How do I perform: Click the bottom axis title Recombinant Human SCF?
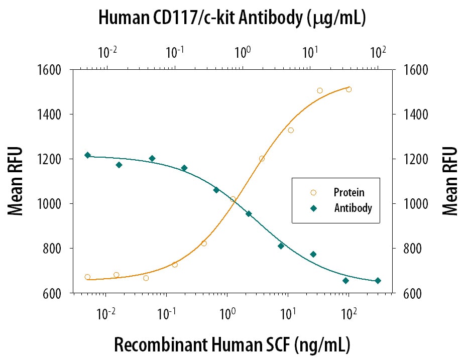tap(231, 345)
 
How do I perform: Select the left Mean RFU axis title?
tap(16, 181)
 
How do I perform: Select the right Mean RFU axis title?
tap(450, 181)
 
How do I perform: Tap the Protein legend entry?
tap(349, 192)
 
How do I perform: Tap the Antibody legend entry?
tap(353, 207)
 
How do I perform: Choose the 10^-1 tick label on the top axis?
tap(175, 51)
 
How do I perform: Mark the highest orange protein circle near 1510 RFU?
tap(348, 89)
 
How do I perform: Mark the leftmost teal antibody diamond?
tap(87, 155)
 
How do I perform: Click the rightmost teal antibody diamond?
tap(378, 281)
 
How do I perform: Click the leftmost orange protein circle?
tap(87, 277)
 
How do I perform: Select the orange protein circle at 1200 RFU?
tap(262, 159)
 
